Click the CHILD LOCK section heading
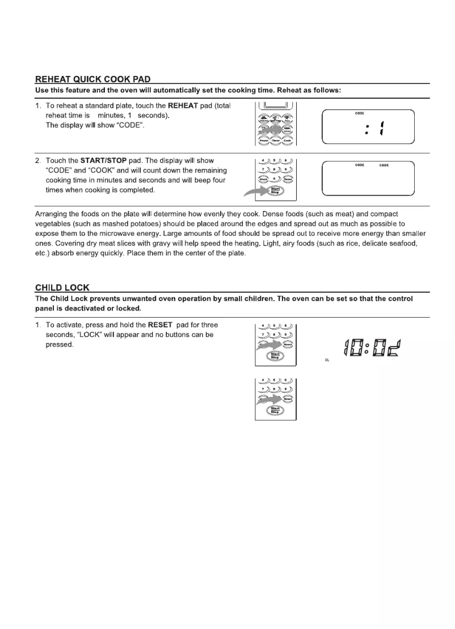pyautogui.click(x=62, y=288)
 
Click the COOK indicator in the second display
pyautogui.click(x=384, y=166)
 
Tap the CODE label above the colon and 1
pyautogui.click(x=359, y=113)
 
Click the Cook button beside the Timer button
pyautogui.click(x=288, y=139)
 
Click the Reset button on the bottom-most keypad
pyautogui.click(x=288, y=399)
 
